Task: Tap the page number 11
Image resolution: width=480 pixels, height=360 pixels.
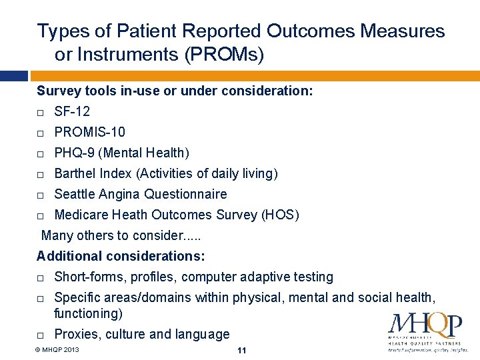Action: coord(241,350)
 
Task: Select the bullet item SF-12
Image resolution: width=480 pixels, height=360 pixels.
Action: coord(72,111)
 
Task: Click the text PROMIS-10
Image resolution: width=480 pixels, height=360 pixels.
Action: coord(89,132)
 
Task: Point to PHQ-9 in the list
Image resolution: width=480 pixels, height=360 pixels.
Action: coord(75,153)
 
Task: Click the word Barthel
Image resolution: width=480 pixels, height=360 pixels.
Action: coord(75,173)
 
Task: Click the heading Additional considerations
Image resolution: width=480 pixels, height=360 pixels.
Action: coord(121,256)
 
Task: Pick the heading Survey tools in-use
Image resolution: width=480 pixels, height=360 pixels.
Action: coord(175,90)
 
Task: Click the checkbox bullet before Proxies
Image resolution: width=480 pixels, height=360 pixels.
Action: coord(41,335)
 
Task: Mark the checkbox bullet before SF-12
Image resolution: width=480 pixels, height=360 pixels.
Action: coord(41,112)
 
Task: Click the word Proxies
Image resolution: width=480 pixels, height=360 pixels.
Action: coord(77,334)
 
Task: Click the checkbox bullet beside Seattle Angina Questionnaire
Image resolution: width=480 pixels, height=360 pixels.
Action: coord(41,195)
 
